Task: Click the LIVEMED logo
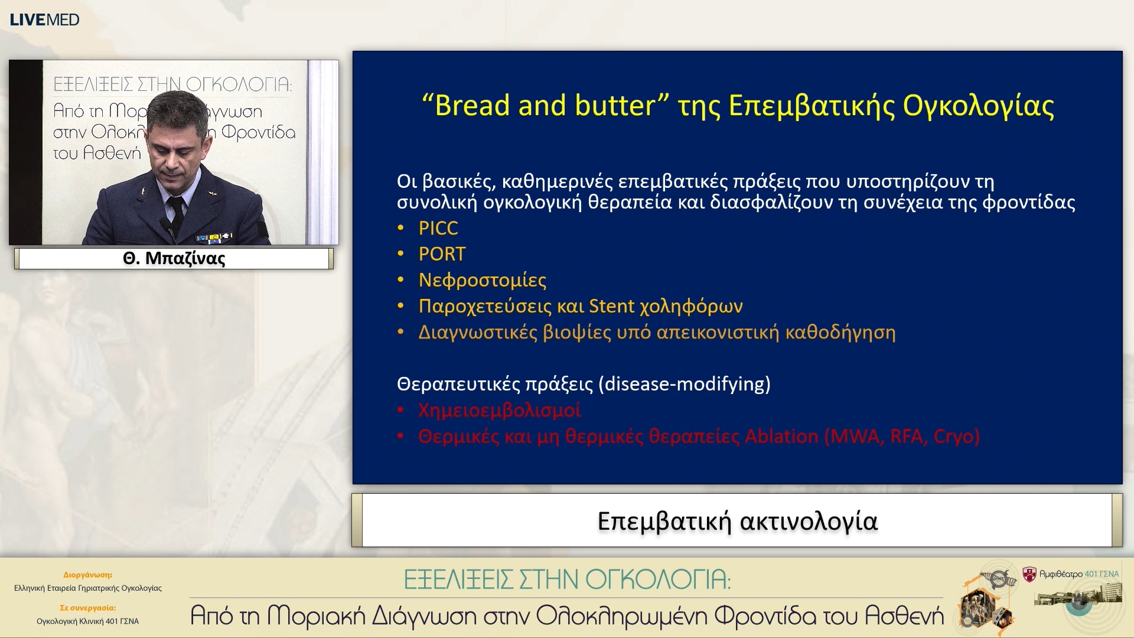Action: (x=44, y=19)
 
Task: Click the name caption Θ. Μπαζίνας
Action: (x=174, y=259)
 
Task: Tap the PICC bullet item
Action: (x=438, y=228)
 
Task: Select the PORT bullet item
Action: (x=442, y=254)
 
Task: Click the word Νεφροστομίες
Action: (x=482, y=280)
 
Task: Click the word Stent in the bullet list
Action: (x=611, y=306)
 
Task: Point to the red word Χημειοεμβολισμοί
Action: (x=499, y=410)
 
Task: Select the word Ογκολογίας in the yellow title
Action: (x=978, y=106)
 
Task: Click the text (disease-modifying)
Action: (x=685, y=384)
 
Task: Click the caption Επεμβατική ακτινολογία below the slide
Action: (x=737, y=521)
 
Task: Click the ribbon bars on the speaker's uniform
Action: (x=215, y=238)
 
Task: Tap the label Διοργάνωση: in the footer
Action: (x=87, y=574)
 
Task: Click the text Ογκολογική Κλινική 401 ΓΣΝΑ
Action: (x=87, y=621)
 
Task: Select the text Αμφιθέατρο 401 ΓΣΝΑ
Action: (x=1078, y=574)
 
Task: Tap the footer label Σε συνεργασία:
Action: (x=87, y=607)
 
